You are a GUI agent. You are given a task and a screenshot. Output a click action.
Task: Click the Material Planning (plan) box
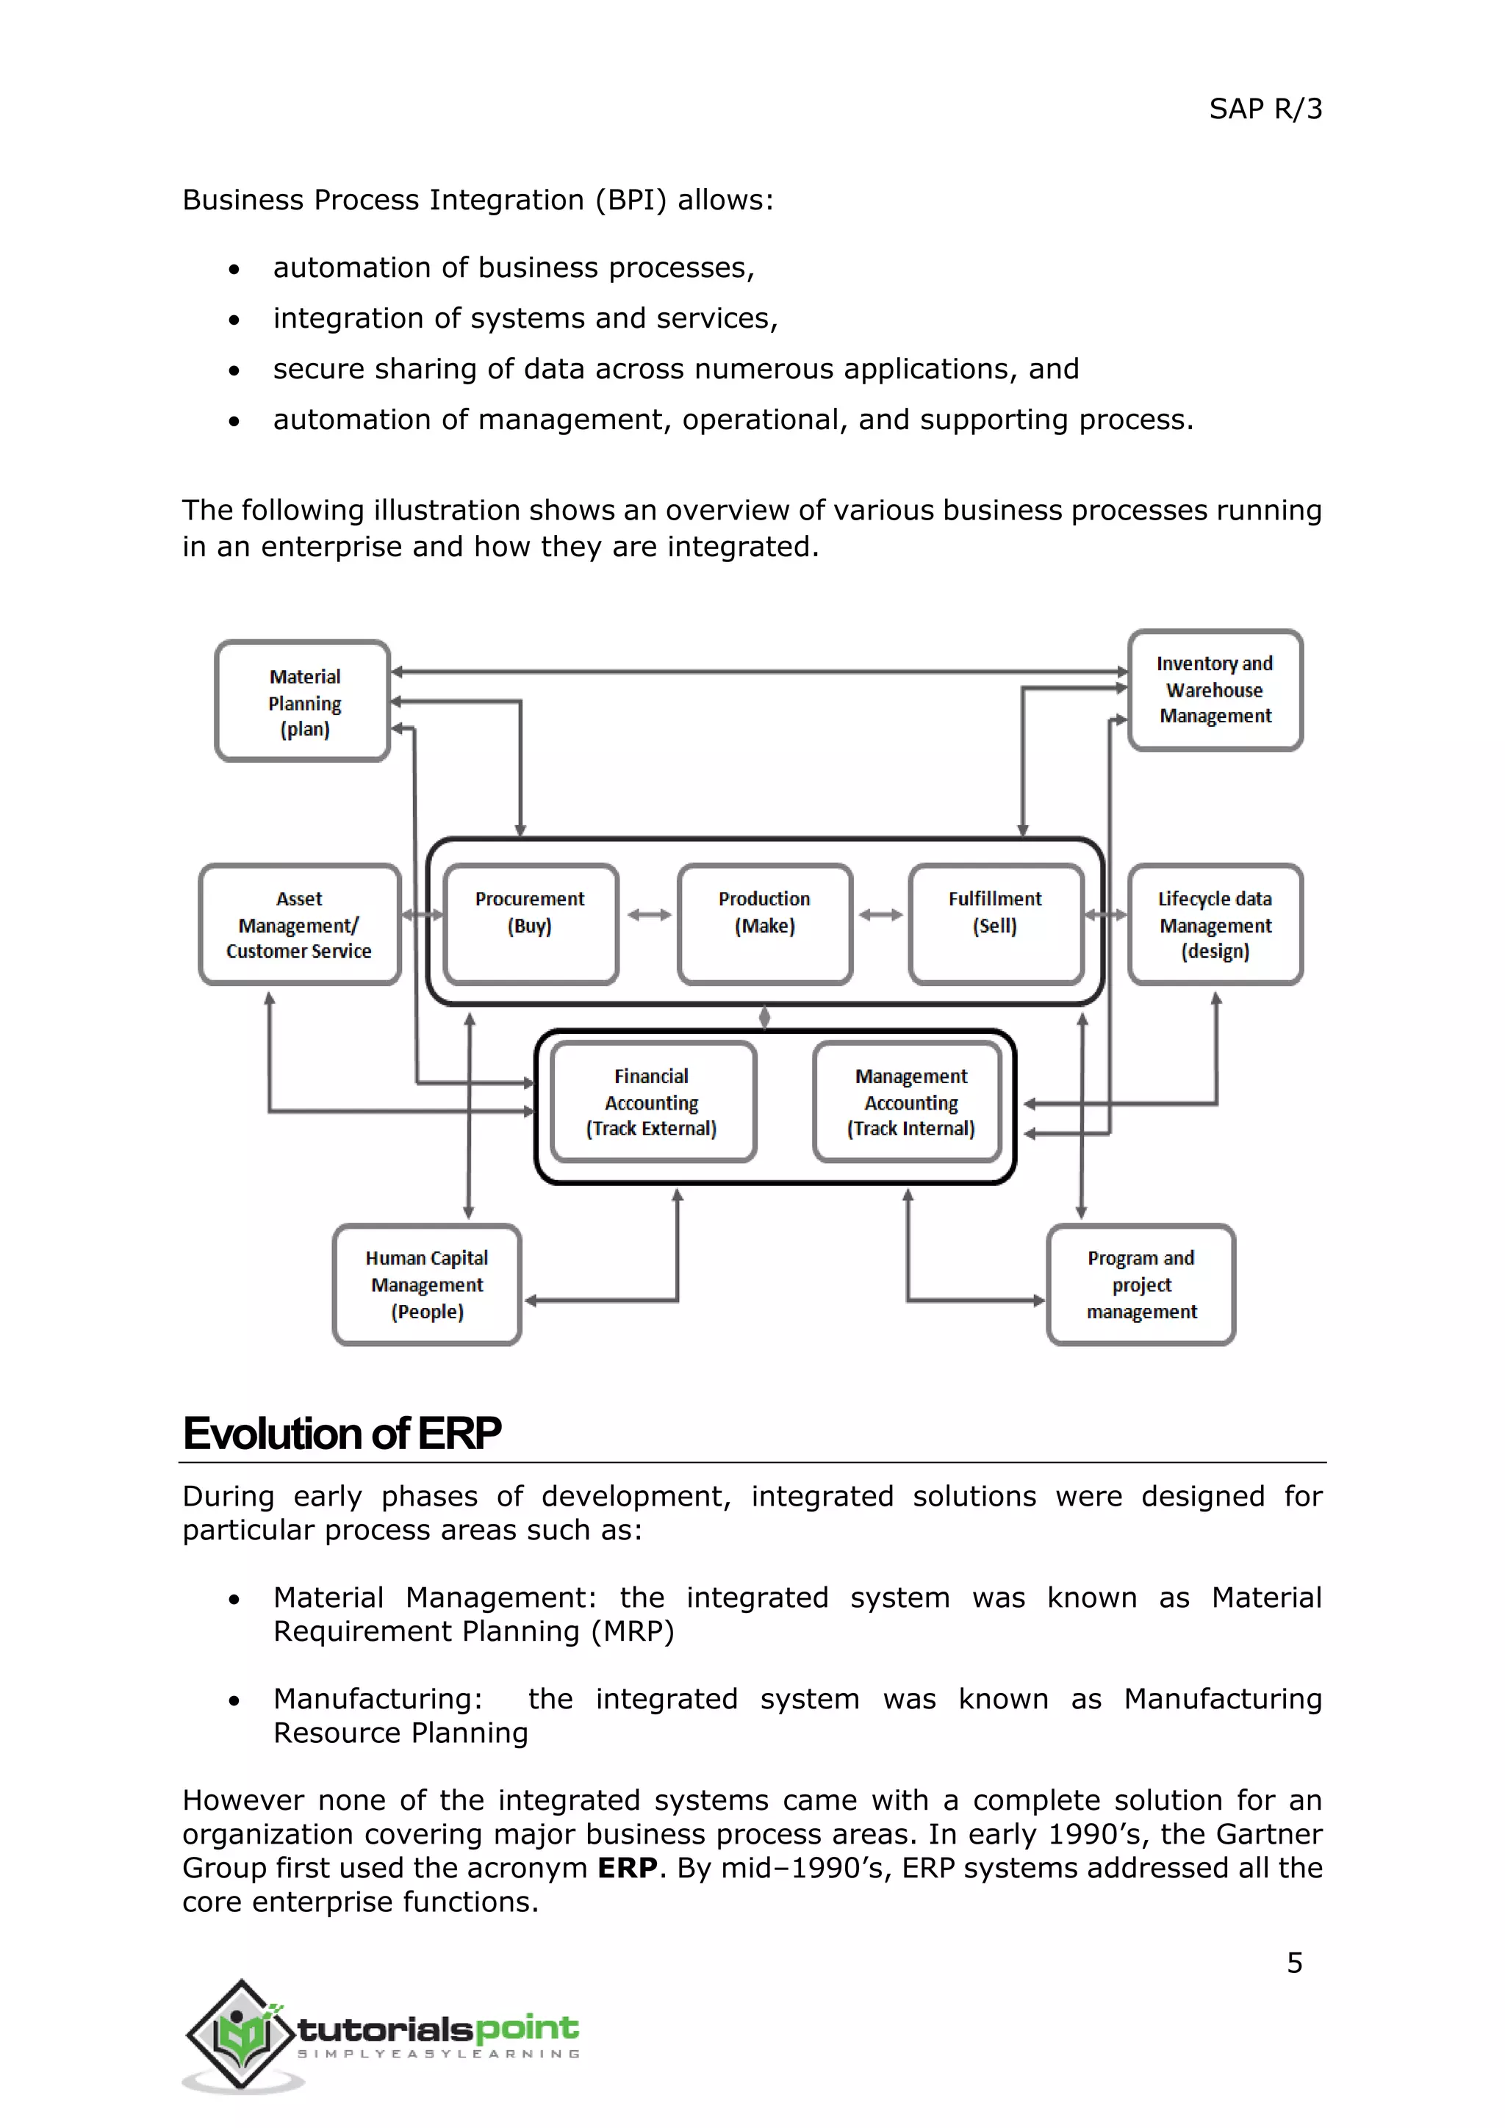(x=303, y=702)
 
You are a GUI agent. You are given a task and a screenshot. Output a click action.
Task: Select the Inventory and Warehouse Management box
(x=1215, y=691)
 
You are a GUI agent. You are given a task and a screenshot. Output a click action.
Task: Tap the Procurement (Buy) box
(x=530, y=924)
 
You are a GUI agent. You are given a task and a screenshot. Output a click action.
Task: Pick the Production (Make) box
(x=764, y=924)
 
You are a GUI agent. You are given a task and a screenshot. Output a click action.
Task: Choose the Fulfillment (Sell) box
(x=995, y=924)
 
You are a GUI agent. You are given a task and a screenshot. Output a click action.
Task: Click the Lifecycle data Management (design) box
(x=1215, y=924)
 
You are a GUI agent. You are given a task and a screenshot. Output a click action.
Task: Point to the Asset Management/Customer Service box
(x=299, y=924)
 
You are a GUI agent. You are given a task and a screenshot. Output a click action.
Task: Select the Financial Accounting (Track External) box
(x=653, y=1102)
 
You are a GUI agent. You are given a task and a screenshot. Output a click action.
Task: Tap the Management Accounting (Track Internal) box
(x=911, y=1102)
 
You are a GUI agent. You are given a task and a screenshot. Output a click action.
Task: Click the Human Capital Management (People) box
(x=427, y=1284)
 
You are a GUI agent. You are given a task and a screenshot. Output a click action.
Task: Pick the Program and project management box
(x=1141, y=1284)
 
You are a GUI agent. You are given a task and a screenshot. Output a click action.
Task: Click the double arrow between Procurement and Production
(x=649, y=915)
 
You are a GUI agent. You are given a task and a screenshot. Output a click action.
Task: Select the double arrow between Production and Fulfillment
(x=880, y=915)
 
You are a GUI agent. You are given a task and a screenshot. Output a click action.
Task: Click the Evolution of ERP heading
(x=342, y=1433)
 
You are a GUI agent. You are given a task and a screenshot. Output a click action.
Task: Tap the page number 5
(x=1295, y=1962)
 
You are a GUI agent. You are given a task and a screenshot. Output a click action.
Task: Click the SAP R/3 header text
(x=1265, y=109)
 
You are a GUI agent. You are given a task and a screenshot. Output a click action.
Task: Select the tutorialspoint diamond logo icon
(x=242, y=2035)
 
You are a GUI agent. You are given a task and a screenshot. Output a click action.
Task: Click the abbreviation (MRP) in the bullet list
(x=633, y=1631)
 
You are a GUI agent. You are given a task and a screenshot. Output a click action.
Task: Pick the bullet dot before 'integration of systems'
(x=234, y=320)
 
